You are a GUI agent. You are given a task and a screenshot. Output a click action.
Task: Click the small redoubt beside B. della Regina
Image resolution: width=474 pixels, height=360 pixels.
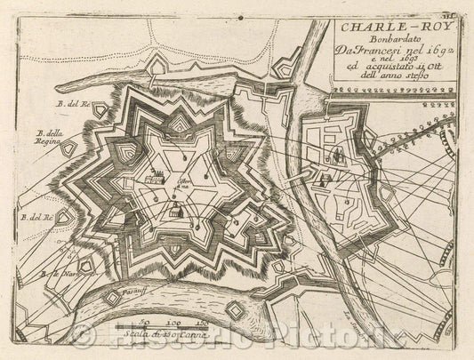click(x=74, y=148)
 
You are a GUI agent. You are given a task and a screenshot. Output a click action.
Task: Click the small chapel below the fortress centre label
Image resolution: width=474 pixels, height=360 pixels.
click(x=175, y=210)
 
